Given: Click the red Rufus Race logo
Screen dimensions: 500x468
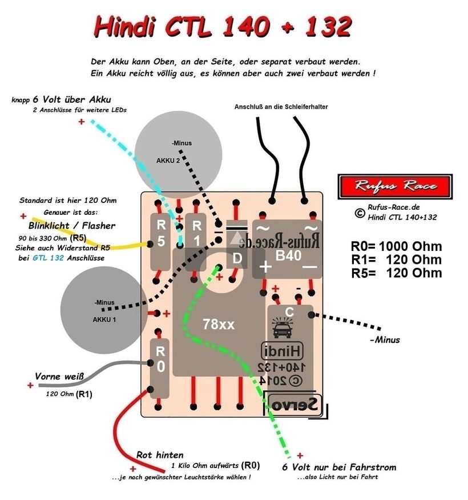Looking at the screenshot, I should (x=395, y=185).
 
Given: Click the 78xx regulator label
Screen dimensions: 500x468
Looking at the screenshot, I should (x=219, y=325).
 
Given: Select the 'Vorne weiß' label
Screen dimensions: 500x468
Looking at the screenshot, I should (x=59, y=377).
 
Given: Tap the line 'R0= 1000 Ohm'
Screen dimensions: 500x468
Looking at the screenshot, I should (x=396, y=247).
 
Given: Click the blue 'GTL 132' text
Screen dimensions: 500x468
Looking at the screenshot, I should (x=47, y=258).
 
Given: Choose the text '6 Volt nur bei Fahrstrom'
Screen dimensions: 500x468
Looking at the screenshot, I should (x=338, y=467).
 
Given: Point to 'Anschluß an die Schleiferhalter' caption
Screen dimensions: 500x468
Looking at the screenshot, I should (x=281, y=107).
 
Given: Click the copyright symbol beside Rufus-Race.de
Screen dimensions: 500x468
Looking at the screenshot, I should (x=360, y=213).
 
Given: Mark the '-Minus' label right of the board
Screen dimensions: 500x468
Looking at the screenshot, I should (x=384, y=340).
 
